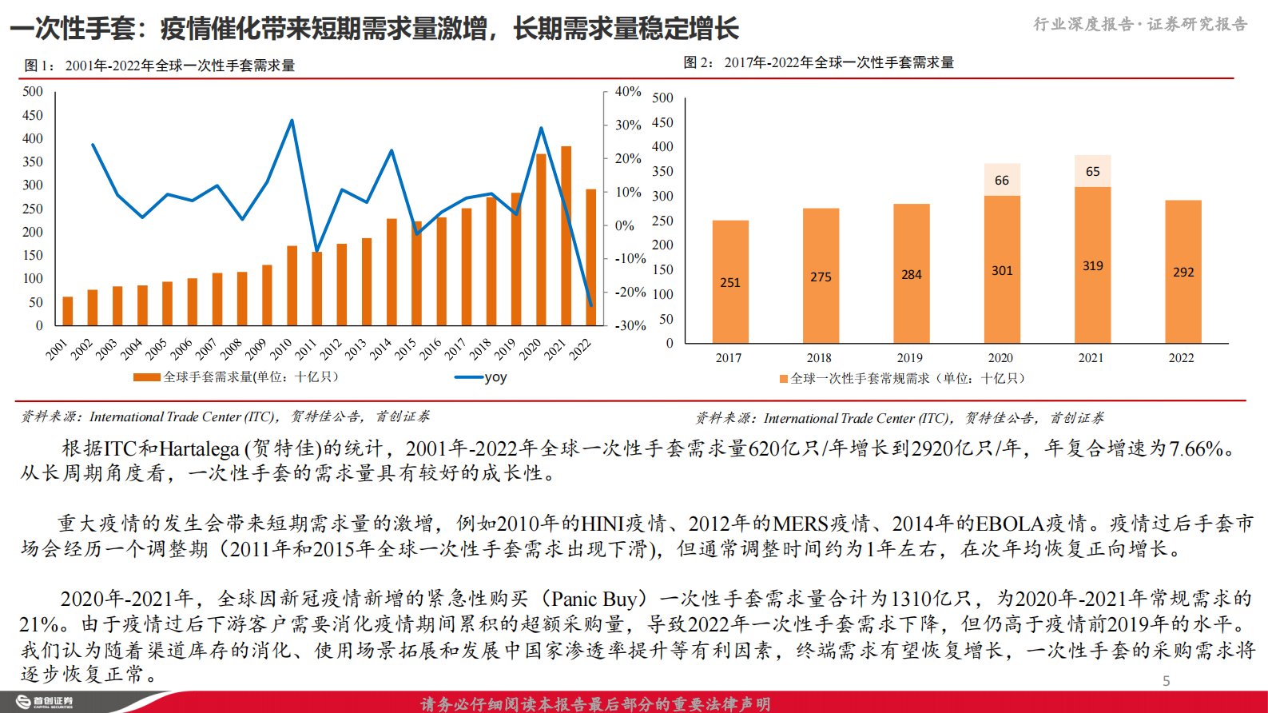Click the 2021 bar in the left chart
pos(566,237)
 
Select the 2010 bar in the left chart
pos(292,285)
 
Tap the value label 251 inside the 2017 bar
pos(730,282)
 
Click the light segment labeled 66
pos(1002,180)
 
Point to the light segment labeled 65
pos(1092,171)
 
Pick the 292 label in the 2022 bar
pos(1183,272)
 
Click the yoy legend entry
pos(482,377)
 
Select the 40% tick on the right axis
pos(628,91)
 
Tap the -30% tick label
pos(630,325)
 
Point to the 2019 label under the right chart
pos(909,358)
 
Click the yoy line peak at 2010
pos(292,121)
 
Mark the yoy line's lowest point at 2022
pos(591,305)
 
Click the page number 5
pos(1167,681)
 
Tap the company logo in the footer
pos(45,702)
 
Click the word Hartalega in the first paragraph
pos(199,449)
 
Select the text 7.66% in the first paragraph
pos(1197,449)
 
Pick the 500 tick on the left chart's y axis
pos(33,92)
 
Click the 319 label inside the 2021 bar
pos(1092,265)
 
